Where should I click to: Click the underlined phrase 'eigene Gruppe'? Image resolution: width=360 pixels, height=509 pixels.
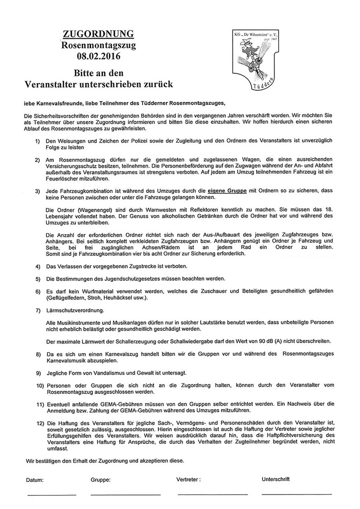click(x=227, y=191)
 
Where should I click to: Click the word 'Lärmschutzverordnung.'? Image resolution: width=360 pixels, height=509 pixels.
click(x=75, y=311)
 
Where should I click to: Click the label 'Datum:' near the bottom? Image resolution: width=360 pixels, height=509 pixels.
click(x=35, y=480)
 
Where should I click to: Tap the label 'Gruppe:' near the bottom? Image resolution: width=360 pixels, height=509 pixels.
click(x=101, y=480)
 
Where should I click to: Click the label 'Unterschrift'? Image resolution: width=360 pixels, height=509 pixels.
click(x=275, y=479)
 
